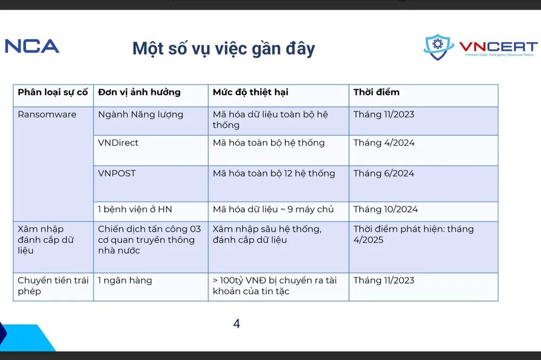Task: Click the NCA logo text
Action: (32, 46)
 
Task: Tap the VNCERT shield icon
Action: (439, 47)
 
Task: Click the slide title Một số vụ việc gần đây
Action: (223, 48)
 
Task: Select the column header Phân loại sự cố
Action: (52, 92)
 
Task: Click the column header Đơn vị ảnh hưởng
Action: (139, 92)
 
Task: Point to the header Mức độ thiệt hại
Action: (250, 92)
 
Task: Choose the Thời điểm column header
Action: (377, 92)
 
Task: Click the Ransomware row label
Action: (47, 114)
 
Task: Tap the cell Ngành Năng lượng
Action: (141, 114)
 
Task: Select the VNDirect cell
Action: (118, 143)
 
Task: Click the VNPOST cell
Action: (117, 173)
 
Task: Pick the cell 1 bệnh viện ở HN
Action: (135, 210)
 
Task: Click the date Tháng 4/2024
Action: (384, 143)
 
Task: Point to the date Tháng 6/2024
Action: (384, 173)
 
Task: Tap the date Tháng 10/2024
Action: (386, 210)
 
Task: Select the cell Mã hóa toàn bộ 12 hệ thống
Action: (274, 173)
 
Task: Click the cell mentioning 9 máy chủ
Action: (273, 210)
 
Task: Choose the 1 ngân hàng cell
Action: (125, 280)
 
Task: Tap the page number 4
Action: (236, 324)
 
